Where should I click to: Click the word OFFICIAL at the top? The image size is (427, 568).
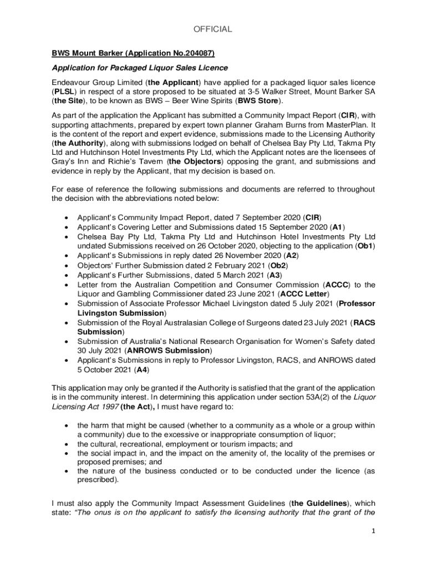213,29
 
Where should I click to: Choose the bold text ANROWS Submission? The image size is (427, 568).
169,351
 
